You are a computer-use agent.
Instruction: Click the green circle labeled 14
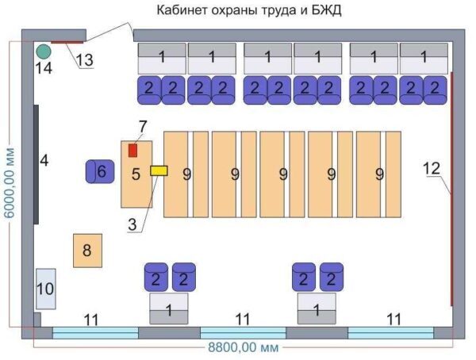[44, 52]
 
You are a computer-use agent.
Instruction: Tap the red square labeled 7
[133, 149]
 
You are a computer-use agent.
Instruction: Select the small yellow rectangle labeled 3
[159, 170]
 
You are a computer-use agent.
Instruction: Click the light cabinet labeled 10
[45, 289]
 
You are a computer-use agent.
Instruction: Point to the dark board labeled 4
[36, 163]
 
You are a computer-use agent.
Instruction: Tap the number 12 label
[431, 168]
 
